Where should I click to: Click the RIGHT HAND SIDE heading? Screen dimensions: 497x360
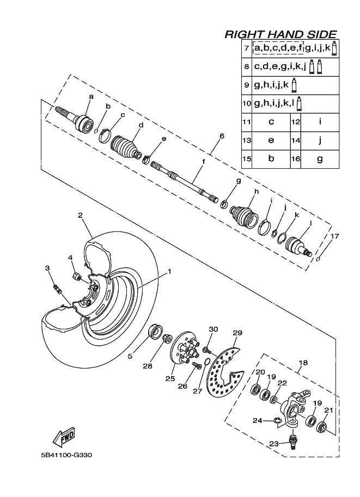(x=280, y=34)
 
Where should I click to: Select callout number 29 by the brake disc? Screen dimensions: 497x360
(x=237, y=333)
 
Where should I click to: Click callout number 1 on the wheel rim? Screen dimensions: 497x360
(x=169, y=271)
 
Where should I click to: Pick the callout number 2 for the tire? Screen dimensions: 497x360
(x=80, y=216)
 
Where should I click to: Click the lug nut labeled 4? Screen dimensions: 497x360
(x=78, y=277)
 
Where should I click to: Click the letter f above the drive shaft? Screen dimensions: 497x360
(x=203, y=162)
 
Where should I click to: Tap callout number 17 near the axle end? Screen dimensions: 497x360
(x=334, y=236)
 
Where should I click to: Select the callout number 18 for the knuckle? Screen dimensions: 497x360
(x=303, y=361)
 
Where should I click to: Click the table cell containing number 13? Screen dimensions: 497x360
(x=247, y=140)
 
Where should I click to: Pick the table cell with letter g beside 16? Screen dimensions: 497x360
(x=320, y=159)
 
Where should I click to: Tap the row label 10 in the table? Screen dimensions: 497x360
(x=247, y=103)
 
